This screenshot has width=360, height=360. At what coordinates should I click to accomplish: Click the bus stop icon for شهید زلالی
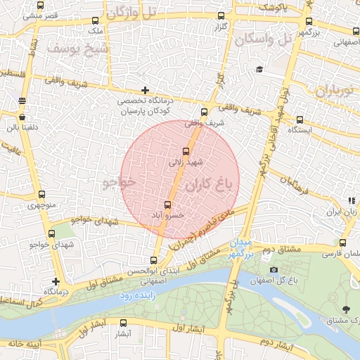186,150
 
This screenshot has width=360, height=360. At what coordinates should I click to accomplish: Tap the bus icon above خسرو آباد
167,205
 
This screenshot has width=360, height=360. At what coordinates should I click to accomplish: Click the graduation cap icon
259,69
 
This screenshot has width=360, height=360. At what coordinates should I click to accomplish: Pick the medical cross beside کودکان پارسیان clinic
145,90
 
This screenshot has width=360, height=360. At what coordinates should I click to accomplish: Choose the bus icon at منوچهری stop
41,195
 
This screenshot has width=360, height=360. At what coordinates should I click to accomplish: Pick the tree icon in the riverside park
345,309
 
